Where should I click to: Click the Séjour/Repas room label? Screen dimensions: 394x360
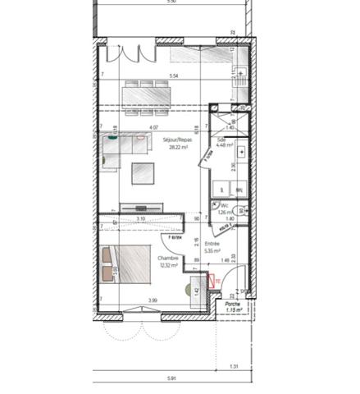click(x=177, y=140)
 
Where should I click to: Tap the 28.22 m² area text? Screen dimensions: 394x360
click(x=177, y=148)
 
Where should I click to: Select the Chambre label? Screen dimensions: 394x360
click(x=169, y=257)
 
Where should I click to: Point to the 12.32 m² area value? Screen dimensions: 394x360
click(x=169, y=264)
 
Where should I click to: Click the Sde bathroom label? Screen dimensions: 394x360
click(x=221, y=140)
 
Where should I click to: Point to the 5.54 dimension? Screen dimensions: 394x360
click(x=173, y=76)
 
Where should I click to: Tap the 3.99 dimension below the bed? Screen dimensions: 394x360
click(x=152, y=300)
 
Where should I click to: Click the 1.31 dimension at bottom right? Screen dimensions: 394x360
click(x=235, y=367)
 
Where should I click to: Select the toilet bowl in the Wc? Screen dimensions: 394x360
click(x=216, y=206)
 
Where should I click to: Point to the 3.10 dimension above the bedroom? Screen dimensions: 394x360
click(x=141, y=219)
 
